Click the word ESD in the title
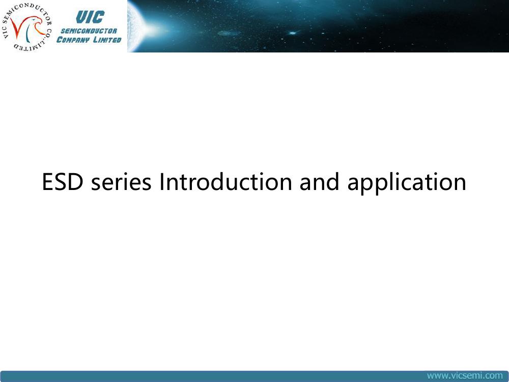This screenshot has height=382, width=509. click(63, 182)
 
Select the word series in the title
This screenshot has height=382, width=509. click(121, 182)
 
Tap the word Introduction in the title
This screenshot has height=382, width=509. click(226, 182)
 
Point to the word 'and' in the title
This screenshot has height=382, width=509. click(320, 182)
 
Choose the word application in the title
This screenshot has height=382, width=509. click(407, 183)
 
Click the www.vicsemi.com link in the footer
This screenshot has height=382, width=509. click(465, 376)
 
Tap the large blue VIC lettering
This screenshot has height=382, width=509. click(90, 17)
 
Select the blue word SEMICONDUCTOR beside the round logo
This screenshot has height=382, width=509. click(89, 31)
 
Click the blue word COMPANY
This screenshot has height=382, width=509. click(73, 40)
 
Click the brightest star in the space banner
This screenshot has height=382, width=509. click(293, 33)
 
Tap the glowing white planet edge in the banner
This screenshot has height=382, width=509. click(134, 26)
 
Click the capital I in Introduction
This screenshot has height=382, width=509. click(161, 182)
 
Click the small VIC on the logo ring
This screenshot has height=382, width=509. click(5, 33)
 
